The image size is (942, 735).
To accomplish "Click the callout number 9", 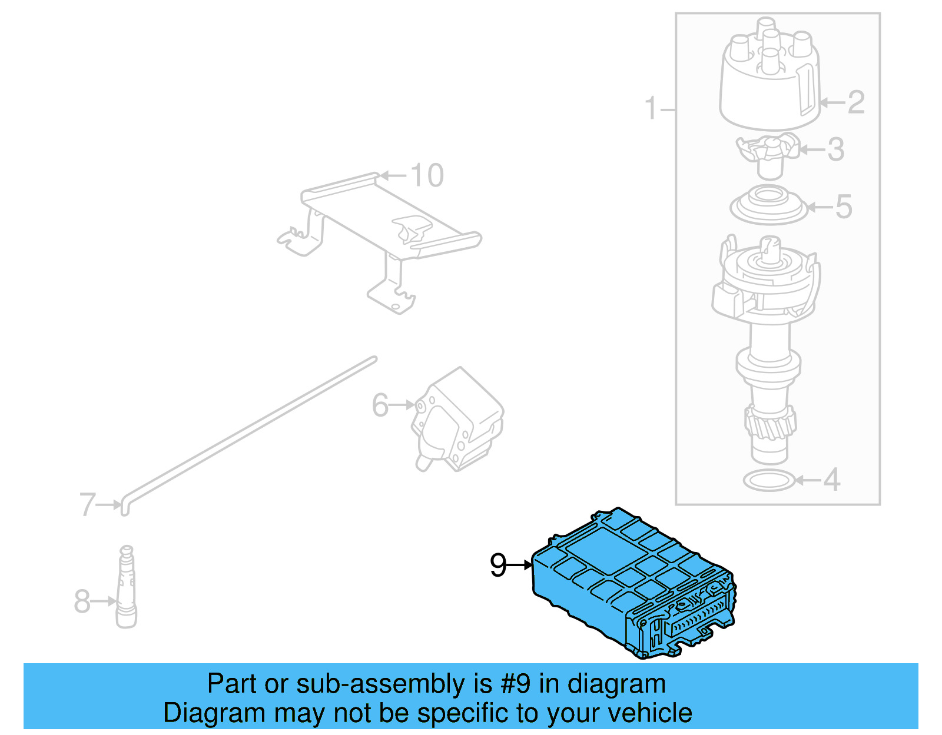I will pos(498,566).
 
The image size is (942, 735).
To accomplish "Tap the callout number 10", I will pos(427,176).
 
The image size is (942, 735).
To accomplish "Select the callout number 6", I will pos(380,405).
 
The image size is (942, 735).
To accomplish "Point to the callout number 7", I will pos(87,504).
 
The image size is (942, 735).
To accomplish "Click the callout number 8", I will pos(82,601).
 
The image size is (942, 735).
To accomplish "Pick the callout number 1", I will pos(650,108).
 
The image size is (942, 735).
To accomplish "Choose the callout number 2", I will pos(856,102).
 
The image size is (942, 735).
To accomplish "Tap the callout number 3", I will pos(836,149).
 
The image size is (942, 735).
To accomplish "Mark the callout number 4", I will pos(831,480).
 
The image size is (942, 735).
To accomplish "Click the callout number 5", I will pos(844,207).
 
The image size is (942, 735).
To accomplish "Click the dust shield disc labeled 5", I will pos(768,206).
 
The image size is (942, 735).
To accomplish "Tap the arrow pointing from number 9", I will pos(520,566).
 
